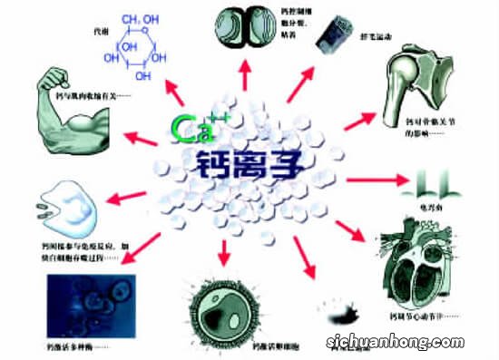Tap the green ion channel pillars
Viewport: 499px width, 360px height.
click(x=435, y=186)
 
